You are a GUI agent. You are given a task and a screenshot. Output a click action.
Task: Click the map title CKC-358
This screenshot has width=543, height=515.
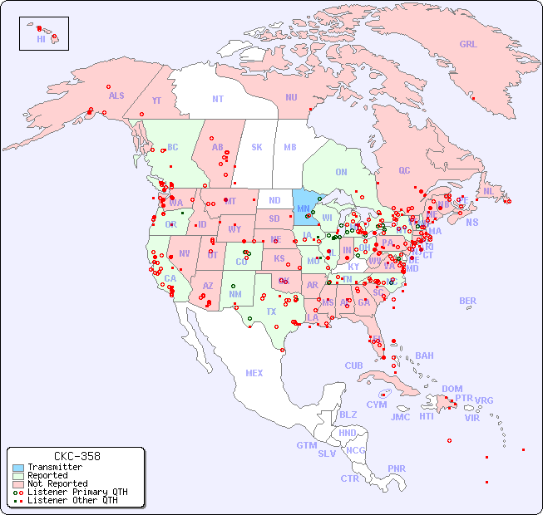tap(77, 456)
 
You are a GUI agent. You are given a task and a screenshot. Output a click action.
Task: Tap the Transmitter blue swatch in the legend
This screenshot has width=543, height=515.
tap(17, 468)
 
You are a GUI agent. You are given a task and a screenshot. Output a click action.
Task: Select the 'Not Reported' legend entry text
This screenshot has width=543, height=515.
tap(57, 483)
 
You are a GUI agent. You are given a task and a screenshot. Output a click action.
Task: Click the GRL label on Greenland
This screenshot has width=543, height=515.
tap(468, 45)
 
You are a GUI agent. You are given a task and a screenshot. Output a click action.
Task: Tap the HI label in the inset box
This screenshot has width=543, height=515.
tap(41, 39)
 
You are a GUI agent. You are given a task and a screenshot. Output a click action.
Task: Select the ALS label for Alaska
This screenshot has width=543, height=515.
tap(116, 96)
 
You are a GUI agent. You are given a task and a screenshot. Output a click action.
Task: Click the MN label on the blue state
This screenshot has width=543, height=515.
tap(304, 208)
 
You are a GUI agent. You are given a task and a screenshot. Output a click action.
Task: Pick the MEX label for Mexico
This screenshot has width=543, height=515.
tap(254, 373)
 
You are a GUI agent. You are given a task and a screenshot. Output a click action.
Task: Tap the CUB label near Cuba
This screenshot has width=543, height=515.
tap(354, 365)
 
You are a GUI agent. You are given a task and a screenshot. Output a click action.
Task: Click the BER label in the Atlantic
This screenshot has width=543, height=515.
tap(467, 301)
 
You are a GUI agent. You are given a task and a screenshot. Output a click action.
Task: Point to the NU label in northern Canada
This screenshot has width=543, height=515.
tap(291, 97)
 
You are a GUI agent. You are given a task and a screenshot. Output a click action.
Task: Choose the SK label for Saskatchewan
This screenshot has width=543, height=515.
tap(257, 147)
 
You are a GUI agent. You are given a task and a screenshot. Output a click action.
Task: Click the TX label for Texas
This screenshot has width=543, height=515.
tap(271, 311)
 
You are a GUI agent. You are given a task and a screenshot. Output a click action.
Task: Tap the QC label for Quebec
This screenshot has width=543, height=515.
tap(404, 170)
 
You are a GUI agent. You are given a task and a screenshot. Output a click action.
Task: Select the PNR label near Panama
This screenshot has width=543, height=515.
tap(397, 468)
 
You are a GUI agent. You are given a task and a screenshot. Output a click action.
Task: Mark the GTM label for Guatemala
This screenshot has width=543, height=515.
tap(306, 445)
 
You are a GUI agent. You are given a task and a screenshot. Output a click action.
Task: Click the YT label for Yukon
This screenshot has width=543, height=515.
tap(156, 101)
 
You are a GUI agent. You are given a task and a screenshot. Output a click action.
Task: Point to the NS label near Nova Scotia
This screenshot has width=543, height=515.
tap(471, 222)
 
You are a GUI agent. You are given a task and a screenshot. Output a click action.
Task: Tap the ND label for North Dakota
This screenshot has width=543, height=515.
tap(274, 200)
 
